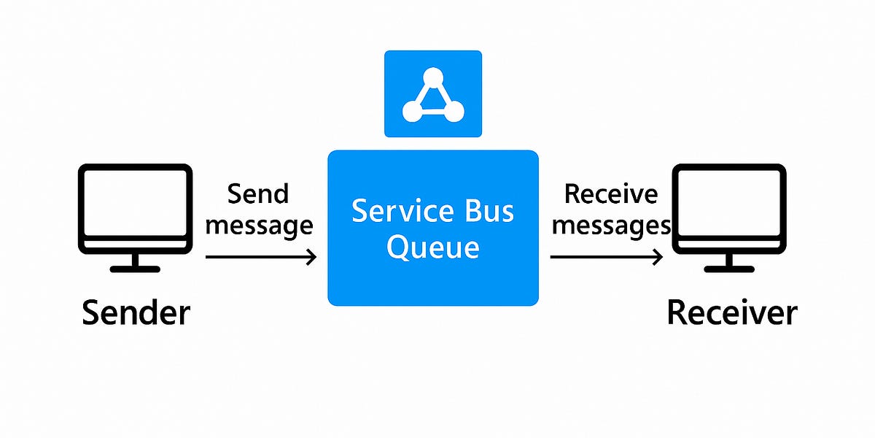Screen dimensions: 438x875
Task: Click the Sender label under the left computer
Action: click(x=136, y=312)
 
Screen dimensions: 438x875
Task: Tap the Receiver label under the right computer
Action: click(x=732, y=312)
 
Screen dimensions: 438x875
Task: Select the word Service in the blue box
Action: click(x=398, y=212)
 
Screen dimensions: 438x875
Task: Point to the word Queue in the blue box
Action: click(x=432, y=247)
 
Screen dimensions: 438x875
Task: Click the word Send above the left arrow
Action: click(x=258, y=194)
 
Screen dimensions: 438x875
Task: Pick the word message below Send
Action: click(x=259, y=226)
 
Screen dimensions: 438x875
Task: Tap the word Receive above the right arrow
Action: click(x=611, y=194)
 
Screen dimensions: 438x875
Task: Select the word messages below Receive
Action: click(x=611, y=226)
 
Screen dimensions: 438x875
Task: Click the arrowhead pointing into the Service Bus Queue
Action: click(x=311, y=257)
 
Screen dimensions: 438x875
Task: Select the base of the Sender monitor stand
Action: click(x=135, y=268)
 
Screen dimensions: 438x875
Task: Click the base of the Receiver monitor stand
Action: click(x=729, y=268)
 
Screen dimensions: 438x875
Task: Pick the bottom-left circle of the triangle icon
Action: click(x=412, y=112)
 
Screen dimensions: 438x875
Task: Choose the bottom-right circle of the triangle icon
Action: click(x=454, y=112)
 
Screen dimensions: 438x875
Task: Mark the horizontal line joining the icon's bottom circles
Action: click(x=433, y=112)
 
